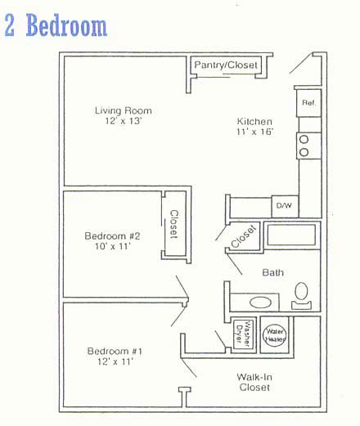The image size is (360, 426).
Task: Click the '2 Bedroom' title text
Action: (56, 25)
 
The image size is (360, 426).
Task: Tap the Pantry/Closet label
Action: (226, 65)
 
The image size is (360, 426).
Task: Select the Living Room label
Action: (124, 110)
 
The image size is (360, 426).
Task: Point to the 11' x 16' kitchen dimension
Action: (255, 132)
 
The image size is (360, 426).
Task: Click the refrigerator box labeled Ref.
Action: (308, 103)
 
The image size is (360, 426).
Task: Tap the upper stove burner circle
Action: (304, 140)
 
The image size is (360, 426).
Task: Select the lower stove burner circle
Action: (304, 152)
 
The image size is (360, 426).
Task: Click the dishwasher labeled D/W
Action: (285, 206)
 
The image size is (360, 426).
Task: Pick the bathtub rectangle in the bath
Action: (291, 235)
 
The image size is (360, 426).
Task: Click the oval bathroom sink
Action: (260, 303)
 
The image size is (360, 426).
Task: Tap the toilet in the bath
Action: (301, 295)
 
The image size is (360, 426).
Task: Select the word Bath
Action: (272, 272)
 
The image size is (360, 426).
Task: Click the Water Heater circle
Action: (275, 335)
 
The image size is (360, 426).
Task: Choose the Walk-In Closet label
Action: (254, 382)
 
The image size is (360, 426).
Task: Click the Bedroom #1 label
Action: (115, 351)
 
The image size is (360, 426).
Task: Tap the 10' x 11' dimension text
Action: (113, 246)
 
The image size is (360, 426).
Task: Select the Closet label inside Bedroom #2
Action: (174, 224)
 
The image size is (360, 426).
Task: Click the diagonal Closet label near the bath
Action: (244, 236)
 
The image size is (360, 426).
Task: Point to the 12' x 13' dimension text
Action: (124, 121)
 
